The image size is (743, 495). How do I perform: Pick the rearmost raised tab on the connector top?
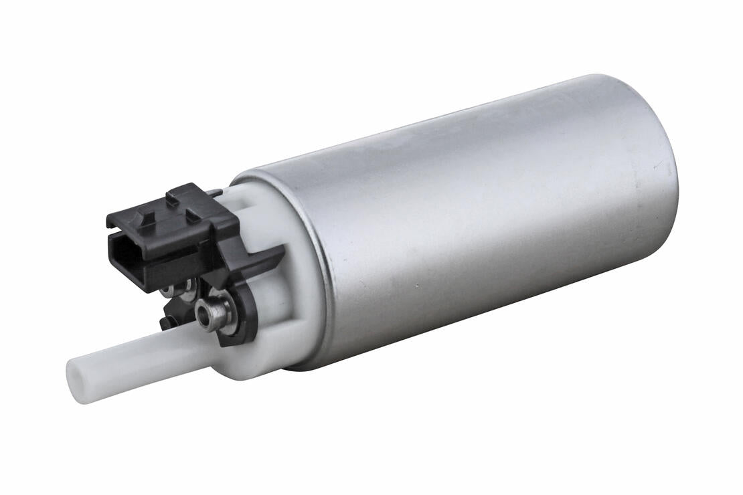pyautogui.click(x=182, y=193)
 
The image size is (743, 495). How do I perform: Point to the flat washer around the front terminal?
pyautogui.click(x=224, y=314)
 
